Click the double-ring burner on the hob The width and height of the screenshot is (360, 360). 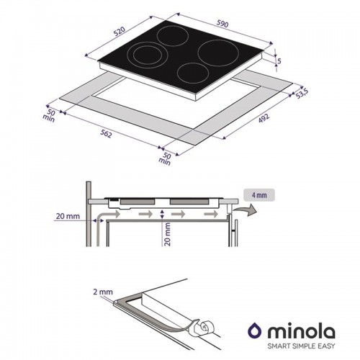point(145,55)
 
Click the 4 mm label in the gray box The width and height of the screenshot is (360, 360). point(259,194)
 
